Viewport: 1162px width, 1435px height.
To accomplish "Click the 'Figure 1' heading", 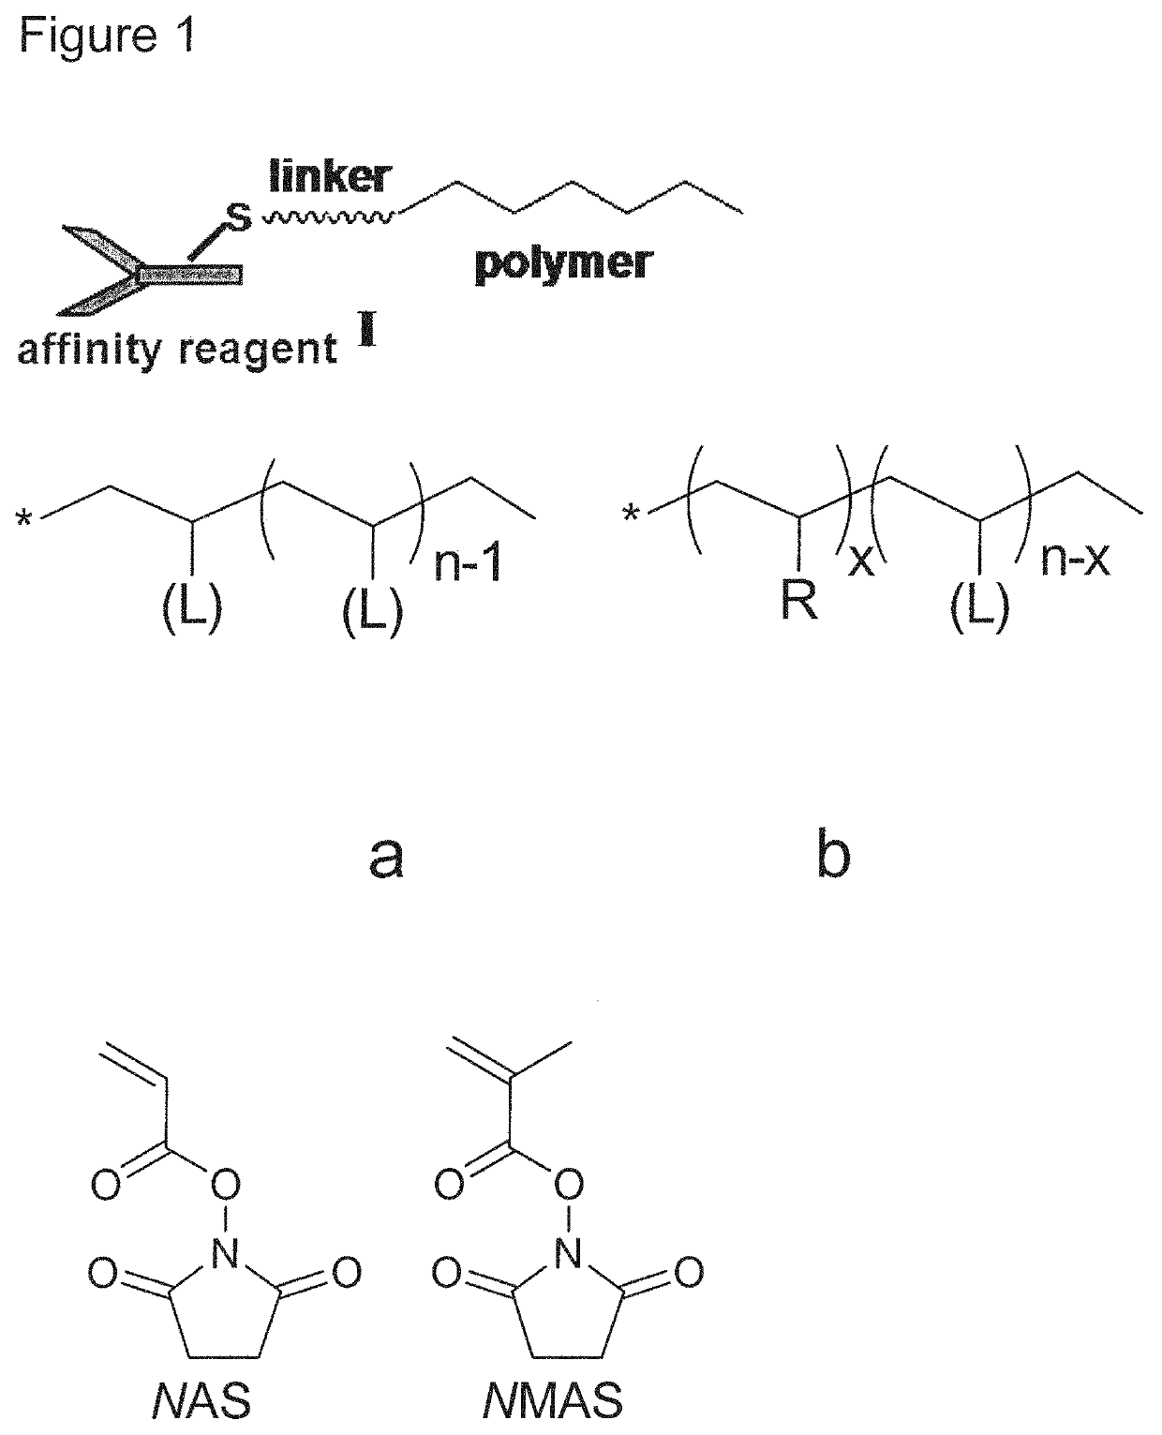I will [108, 37].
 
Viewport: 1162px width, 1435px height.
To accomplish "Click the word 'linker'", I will [329, 176].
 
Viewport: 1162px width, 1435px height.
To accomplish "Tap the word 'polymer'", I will [562, 264].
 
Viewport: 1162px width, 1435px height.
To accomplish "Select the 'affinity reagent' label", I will [177, 350].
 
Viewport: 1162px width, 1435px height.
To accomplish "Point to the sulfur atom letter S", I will [241, 219].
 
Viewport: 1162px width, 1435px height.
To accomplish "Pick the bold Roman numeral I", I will [366, 335].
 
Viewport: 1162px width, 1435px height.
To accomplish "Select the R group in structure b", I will [798, 601].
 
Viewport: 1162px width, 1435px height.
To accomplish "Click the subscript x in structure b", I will [860, 561].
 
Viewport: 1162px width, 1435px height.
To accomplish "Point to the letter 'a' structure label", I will [386, 856].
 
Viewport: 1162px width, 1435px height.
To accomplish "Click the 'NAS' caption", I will [201, 1402].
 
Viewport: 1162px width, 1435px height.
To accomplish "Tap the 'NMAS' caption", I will [553, 1402].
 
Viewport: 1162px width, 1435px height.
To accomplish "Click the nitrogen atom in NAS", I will [224, 1254].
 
